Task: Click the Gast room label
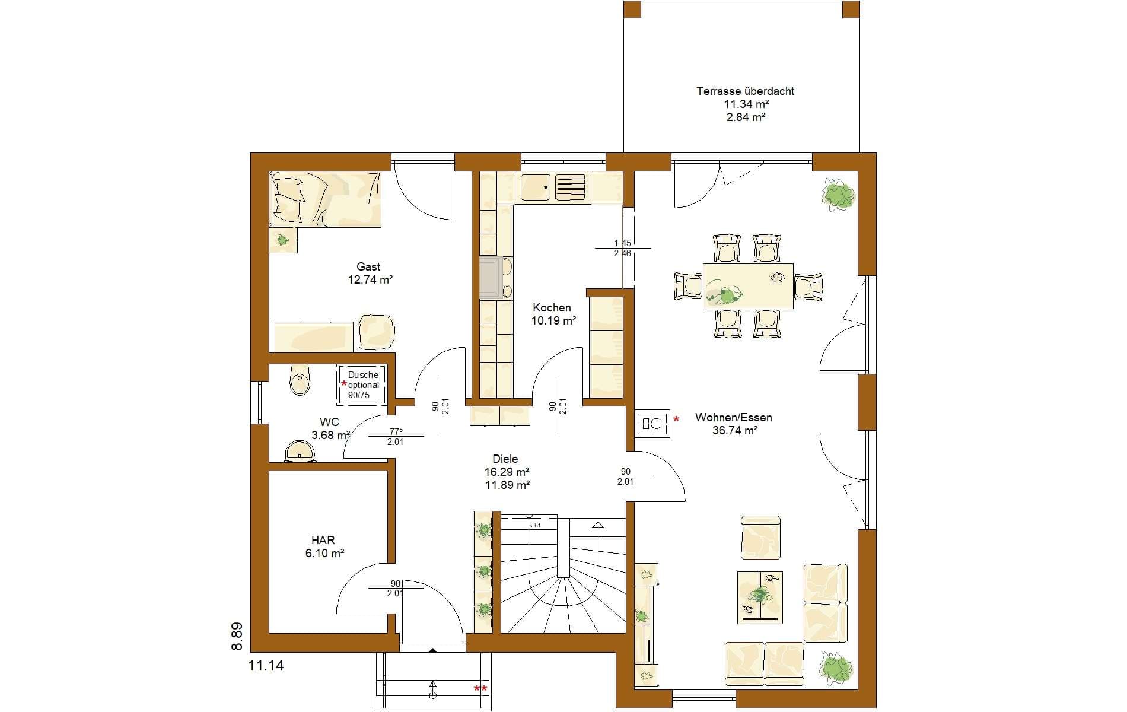(x=368, y=267)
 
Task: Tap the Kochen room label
(x=552, y=307)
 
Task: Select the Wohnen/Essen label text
(x=734, y=418)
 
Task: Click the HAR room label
(x=323, y=540)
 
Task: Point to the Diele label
(x=505, y=459)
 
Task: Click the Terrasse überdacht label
(x=745, y=91)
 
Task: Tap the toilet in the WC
(x=300, y=380)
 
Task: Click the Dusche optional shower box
(x=362, y=385)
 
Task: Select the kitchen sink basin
(x=536, y=187)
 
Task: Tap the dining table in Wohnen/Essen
(x=748, y=286)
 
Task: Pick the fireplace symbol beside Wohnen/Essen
(x=652, y=424)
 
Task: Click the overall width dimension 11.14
(x=266, y=666)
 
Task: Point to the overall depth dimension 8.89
(x=237, y=637)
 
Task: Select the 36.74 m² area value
(x=734, y=431)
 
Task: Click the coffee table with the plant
(x=760, y=597)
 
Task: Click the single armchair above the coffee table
(x=760, y=538)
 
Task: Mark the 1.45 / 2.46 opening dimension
(x=623, y=248)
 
